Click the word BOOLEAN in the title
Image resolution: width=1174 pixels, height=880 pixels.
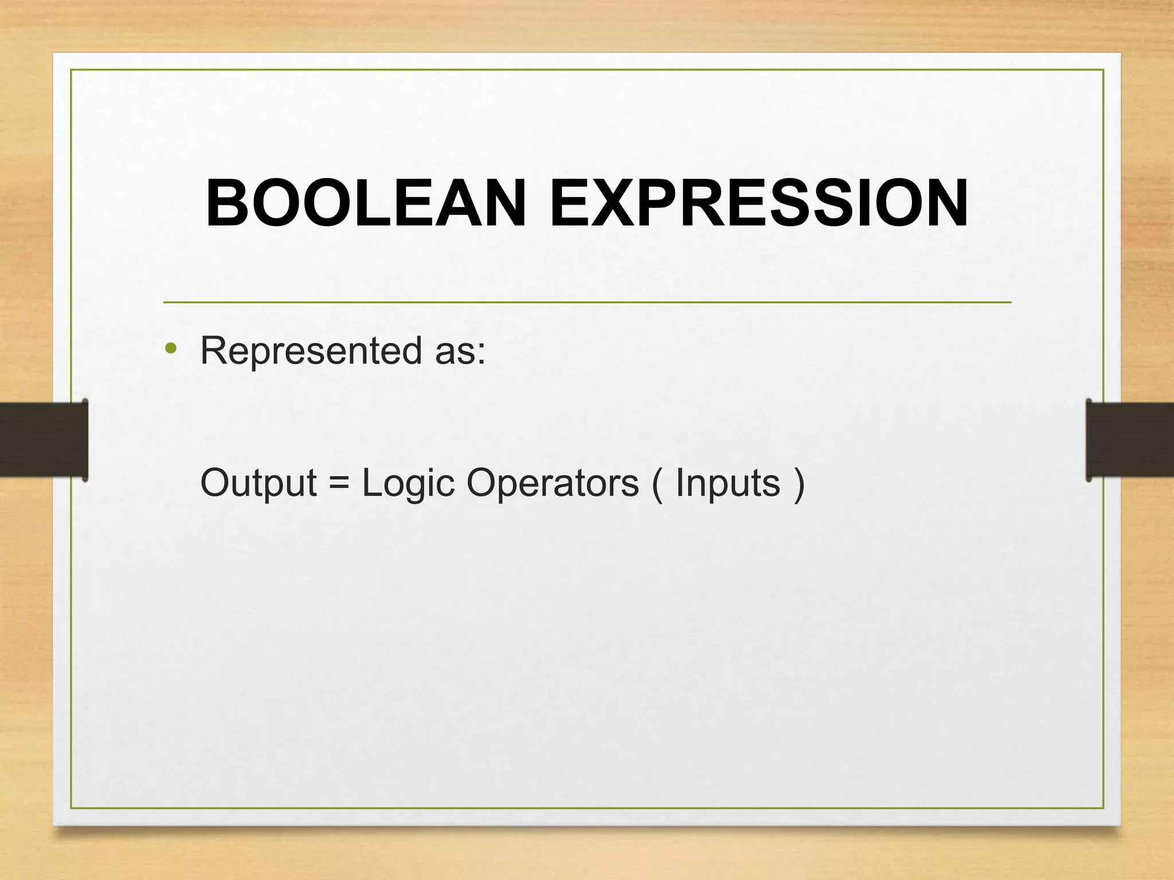(366, 203)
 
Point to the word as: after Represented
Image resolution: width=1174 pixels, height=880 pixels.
(460, 352)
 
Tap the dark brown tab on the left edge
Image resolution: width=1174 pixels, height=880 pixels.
(44, 440)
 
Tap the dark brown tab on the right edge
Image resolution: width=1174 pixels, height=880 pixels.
(1130, 440)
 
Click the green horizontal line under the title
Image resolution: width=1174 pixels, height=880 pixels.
(587, 301)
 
